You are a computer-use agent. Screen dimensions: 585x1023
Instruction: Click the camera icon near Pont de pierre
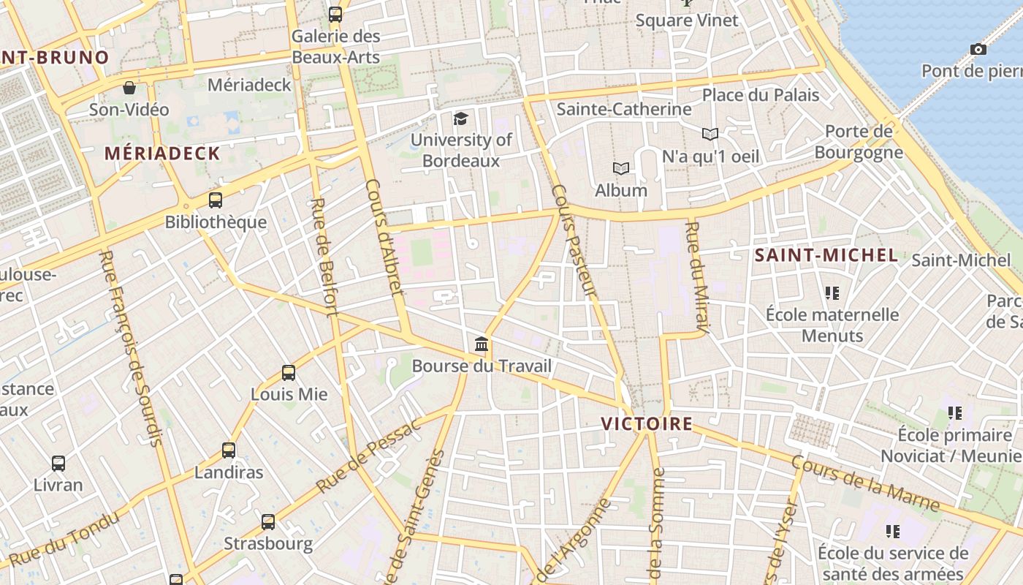pyautogui.click(x=978, y=49)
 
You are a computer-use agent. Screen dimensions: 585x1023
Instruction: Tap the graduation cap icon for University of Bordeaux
pyautogui.click(x=460, y=118)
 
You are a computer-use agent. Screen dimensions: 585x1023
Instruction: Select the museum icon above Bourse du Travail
pyautogui.click(x=481, y=344)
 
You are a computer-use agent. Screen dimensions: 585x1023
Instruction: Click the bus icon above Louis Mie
pyautogui.click(x=289, y=373)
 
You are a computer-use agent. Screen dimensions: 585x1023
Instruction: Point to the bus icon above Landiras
pyautogui.click(x=229, y=450)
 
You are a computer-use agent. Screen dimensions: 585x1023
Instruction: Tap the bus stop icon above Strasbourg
pyautogui.click(x=268, y=522)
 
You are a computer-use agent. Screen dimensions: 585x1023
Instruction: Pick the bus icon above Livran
pyautogui.click(x=58, y=463)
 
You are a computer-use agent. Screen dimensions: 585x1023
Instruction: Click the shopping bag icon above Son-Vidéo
pyautogui.click(x=129, y=88)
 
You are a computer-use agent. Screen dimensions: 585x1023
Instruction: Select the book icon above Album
pyautogui.click(x=621, y=169)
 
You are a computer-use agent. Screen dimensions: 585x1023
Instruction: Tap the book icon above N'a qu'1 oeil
pyautogui.click(x=710, y=134)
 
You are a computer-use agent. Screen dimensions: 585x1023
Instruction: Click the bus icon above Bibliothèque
pyautogui.click(x=216, y=200)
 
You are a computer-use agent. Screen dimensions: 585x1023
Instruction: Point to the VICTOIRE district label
pyautogui.click(x=647, y=424)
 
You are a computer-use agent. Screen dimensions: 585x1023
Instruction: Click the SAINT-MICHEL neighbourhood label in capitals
pyautogui.click(x=826, y=255)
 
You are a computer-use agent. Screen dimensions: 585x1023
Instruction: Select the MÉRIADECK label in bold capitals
pyautogui.click(x=162, y=154)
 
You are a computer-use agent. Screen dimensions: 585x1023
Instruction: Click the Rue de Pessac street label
pyautogui.click(x=369, y=455)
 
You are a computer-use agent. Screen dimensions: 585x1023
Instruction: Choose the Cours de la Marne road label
pyautogui.click(x=865, y=483)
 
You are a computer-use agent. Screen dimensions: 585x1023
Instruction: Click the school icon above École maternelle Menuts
pyautogui.click(x=832, y=293)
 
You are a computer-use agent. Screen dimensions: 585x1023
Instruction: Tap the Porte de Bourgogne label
pyautogui.click(x=859, y=142)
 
